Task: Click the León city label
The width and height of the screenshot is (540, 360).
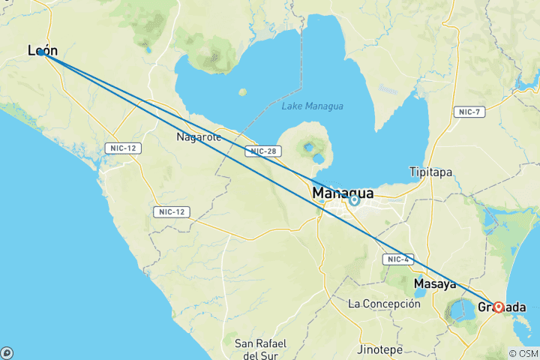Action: pos(42,50)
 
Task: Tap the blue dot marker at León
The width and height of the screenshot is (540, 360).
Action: pos(42,52)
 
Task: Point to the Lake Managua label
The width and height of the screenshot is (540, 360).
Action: pos(312,106)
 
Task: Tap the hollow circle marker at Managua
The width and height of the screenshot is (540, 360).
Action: pos(354,199)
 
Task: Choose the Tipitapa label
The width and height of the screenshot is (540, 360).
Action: pos(430,172)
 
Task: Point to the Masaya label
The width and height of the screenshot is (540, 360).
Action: pos(435,284)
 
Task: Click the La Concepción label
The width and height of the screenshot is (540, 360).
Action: pos(384,304)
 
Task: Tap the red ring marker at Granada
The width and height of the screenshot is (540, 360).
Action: pos(498,307)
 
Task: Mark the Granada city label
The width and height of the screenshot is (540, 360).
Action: pos(501,307)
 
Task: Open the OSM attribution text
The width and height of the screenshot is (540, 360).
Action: pos(523,353)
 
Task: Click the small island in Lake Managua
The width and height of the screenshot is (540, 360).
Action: pos(242,92)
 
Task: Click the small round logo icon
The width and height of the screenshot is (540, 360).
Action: pos(7,352)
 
